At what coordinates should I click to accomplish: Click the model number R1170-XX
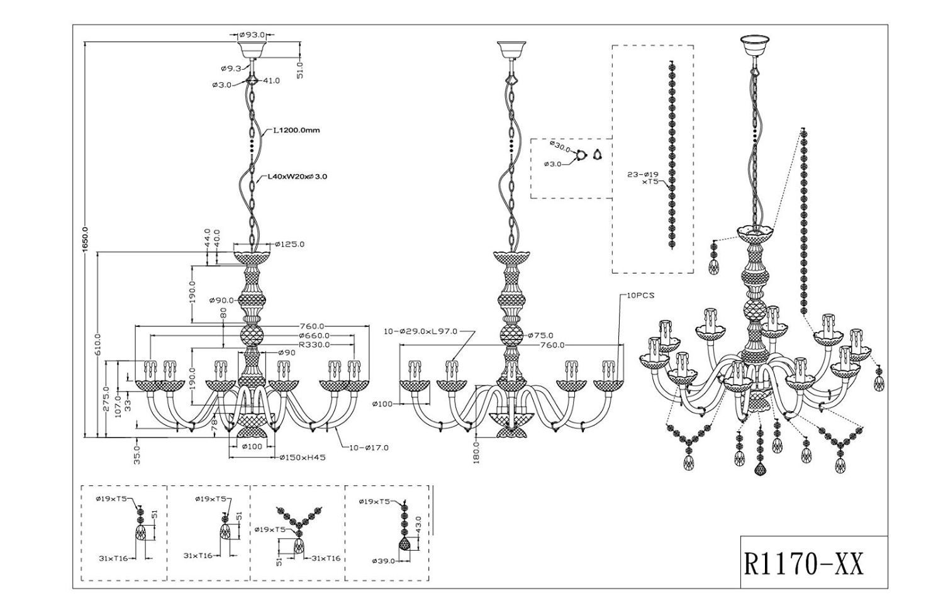805,563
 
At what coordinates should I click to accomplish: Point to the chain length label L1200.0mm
296,131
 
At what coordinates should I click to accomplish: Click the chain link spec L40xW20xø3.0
298,177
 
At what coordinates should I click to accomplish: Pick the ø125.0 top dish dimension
290,244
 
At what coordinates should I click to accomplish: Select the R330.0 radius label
314,345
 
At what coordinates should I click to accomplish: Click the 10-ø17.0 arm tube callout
369,448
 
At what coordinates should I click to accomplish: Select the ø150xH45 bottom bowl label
303,458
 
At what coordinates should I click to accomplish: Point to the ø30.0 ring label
559,146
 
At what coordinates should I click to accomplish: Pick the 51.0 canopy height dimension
300,69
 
